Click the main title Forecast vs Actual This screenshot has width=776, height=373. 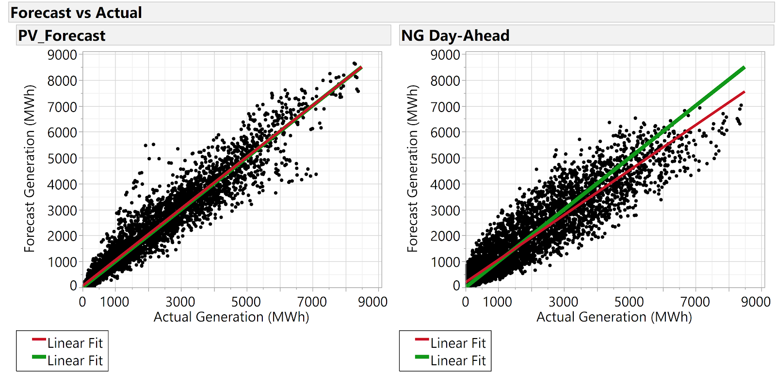(76, 13)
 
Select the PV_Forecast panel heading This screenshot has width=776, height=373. (62, 35)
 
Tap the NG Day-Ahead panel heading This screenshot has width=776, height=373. (455, 35)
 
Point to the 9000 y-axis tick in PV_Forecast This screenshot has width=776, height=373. (62, 55)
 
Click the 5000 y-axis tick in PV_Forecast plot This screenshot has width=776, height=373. (62, 159)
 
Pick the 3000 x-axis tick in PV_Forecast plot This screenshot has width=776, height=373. (180, 302)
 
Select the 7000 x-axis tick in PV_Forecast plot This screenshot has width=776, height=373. (312, 302)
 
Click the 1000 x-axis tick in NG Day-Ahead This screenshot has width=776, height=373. (498, 302)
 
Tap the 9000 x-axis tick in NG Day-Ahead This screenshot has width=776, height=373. (756, 302)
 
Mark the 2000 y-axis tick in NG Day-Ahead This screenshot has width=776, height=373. (445, 236)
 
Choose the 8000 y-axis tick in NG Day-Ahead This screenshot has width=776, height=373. (445, 81)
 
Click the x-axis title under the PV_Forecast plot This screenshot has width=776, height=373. (231, 317)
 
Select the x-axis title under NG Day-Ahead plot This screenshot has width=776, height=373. (614, 317)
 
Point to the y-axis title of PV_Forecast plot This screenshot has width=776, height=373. (30, 168)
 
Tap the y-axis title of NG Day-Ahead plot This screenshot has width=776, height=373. (412, 168)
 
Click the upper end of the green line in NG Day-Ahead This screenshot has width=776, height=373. (744, 68)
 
